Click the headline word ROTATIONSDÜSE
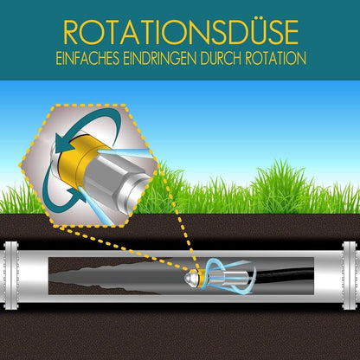pyautogui.click(x=181, y=32)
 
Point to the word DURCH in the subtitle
pyautogui.click(x=222, y=59)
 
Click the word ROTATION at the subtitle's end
pyautogui.click(x=276, y=59)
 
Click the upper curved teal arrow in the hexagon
pyautogui.click(x=87, y=121)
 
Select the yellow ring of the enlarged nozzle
pyautogui.click(x=71, y=164)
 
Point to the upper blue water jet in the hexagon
pyautogui.click(x=124, y=153)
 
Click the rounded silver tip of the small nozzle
pyautogui.click(x=191, y=278)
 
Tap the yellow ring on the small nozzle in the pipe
pyautogui.click(x=202, y=278)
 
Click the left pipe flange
pyautogui.click(x=11, y=275)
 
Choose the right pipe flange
pyautogui.click(x=350, y=275)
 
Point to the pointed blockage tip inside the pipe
pyautogui.click(x=53, y=278)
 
